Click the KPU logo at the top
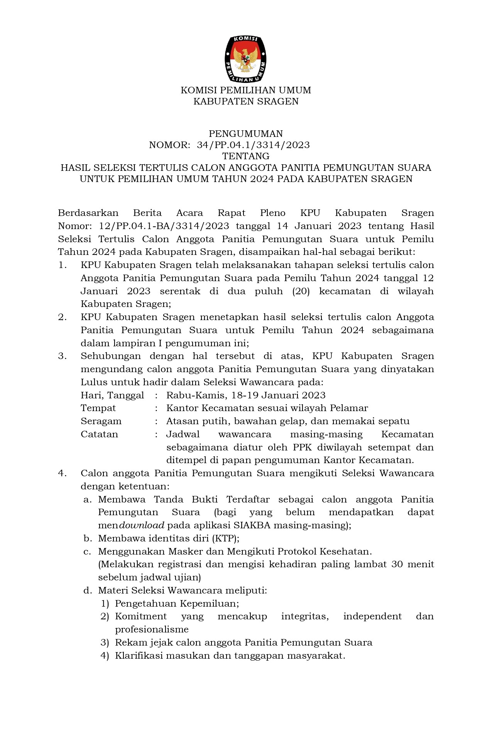tap(246, 59)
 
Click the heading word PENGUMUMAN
tap(246, 134)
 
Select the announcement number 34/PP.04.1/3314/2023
tap(253, 145)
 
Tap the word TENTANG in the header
tap(246, 156)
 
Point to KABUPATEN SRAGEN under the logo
tap(246, 101)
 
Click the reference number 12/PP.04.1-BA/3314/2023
tap(164, 226)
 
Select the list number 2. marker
tap(63, 317)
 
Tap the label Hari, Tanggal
tap(112, 395)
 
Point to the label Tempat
tap(98, 408)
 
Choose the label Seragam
tap(101, 421)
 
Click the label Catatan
tap(100, 434)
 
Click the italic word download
tap(142, 525)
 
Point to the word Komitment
tap(141, 616)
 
